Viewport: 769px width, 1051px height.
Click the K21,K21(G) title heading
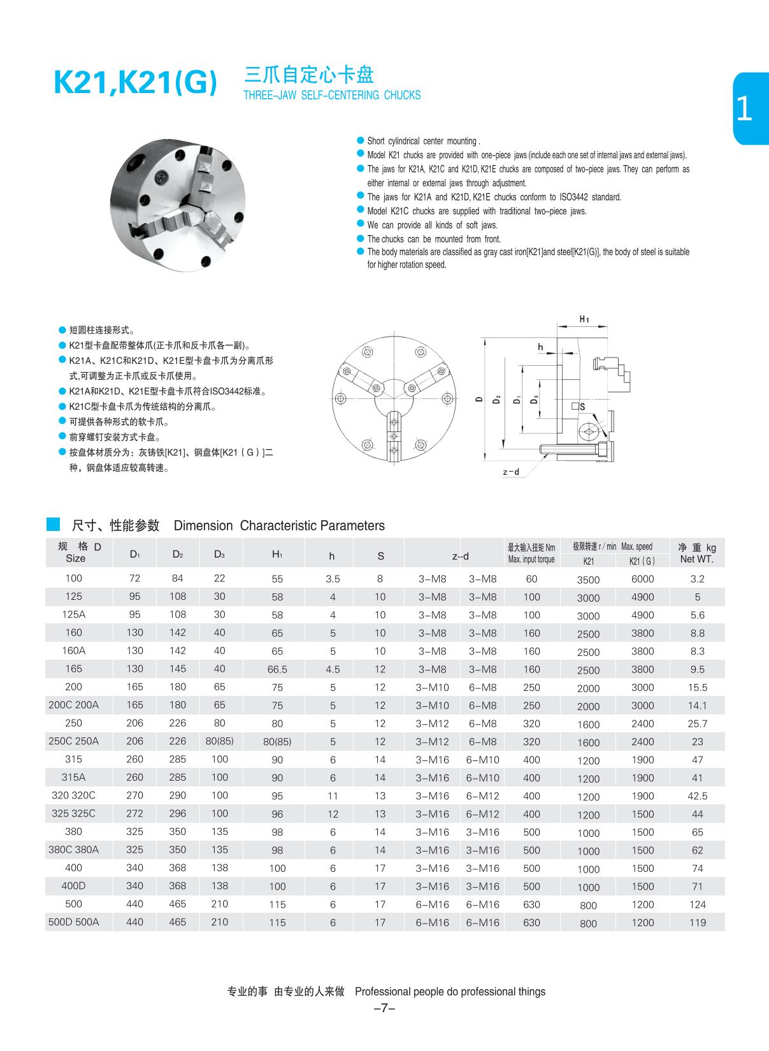pyautogui.click(x=135, y=83)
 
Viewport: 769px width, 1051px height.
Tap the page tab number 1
pyautogui.click(x=744, y=110)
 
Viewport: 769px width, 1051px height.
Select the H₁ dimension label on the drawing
pyautogui.click(x=584, y=319)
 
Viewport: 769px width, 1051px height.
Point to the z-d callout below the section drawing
pyautogui.click(x=511, y=472)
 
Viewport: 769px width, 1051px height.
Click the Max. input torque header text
pyautogui.click(x=531, y=560)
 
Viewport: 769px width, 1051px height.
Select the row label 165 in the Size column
pyautogui.click(x=74, y=669)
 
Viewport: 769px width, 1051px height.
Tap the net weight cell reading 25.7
pyautogui.click(x=697, y=723)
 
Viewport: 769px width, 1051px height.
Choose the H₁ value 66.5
pyautogui.click(x=277, y=669)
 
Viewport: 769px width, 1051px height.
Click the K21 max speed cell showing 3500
pyautogui.click(x=588, y=579)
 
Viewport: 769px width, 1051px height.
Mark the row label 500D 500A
pyautogui.click(x=74, y=922)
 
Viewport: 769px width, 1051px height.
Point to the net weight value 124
pyautogui.click(x=697, y=904)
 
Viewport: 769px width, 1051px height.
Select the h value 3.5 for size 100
pyautogui.click(x=333, y=579)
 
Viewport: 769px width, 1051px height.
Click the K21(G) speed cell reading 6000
pyautogui.click(x=642, y=579)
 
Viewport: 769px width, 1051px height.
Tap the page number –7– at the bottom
pyautogui.click(x=385, y=1008)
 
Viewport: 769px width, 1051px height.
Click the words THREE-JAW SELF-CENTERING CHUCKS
pyautogui.click(x=332, y=96)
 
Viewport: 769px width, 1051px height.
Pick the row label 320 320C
pyautogui.click(x=74, y=795)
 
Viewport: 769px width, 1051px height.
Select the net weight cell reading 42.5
pyautogui.click(x=697, y=796)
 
